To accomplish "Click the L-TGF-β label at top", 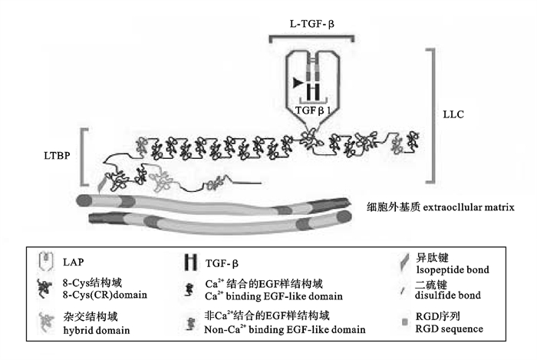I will (311, 25).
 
